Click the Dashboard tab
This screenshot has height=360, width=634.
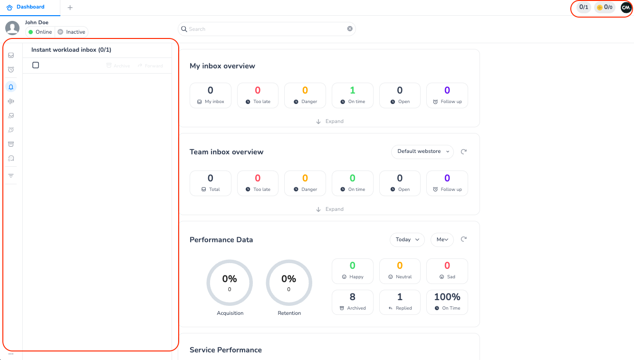(x=26, y=7)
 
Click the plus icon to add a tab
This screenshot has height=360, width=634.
(x=70, y=8)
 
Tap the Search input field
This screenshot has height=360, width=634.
(x=266, y=29)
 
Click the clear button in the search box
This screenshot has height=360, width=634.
(x=350, y=29)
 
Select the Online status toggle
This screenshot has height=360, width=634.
(x=40, y=32)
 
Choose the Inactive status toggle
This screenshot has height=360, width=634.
(x=72, y=32)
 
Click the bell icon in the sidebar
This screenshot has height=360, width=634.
(x=11, y=86)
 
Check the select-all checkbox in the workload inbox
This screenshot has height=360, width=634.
(x=36, y=65)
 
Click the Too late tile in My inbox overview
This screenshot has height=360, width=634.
(x=258, y=95)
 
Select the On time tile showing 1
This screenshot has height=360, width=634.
(x=352, y=95)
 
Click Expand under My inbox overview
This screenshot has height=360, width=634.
(x=330, y=121)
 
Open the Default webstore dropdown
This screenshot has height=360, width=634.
(x=422, y=152)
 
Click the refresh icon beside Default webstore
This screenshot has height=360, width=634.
(x=464, y=152)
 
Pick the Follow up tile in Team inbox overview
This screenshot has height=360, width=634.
(x=447, y=183)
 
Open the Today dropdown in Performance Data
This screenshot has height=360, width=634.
(x=407, y=239)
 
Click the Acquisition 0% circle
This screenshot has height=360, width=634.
(x=230, y=283)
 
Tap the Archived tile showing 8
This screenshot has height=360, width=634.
(x=352, y=302)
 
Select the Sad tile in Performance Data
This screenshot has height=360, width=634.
(x=447, y=271)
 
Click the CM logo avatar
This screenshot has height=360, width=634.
(x=626, y=8)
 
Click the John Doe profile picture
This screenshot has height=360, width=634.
(x=12, y=28)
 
